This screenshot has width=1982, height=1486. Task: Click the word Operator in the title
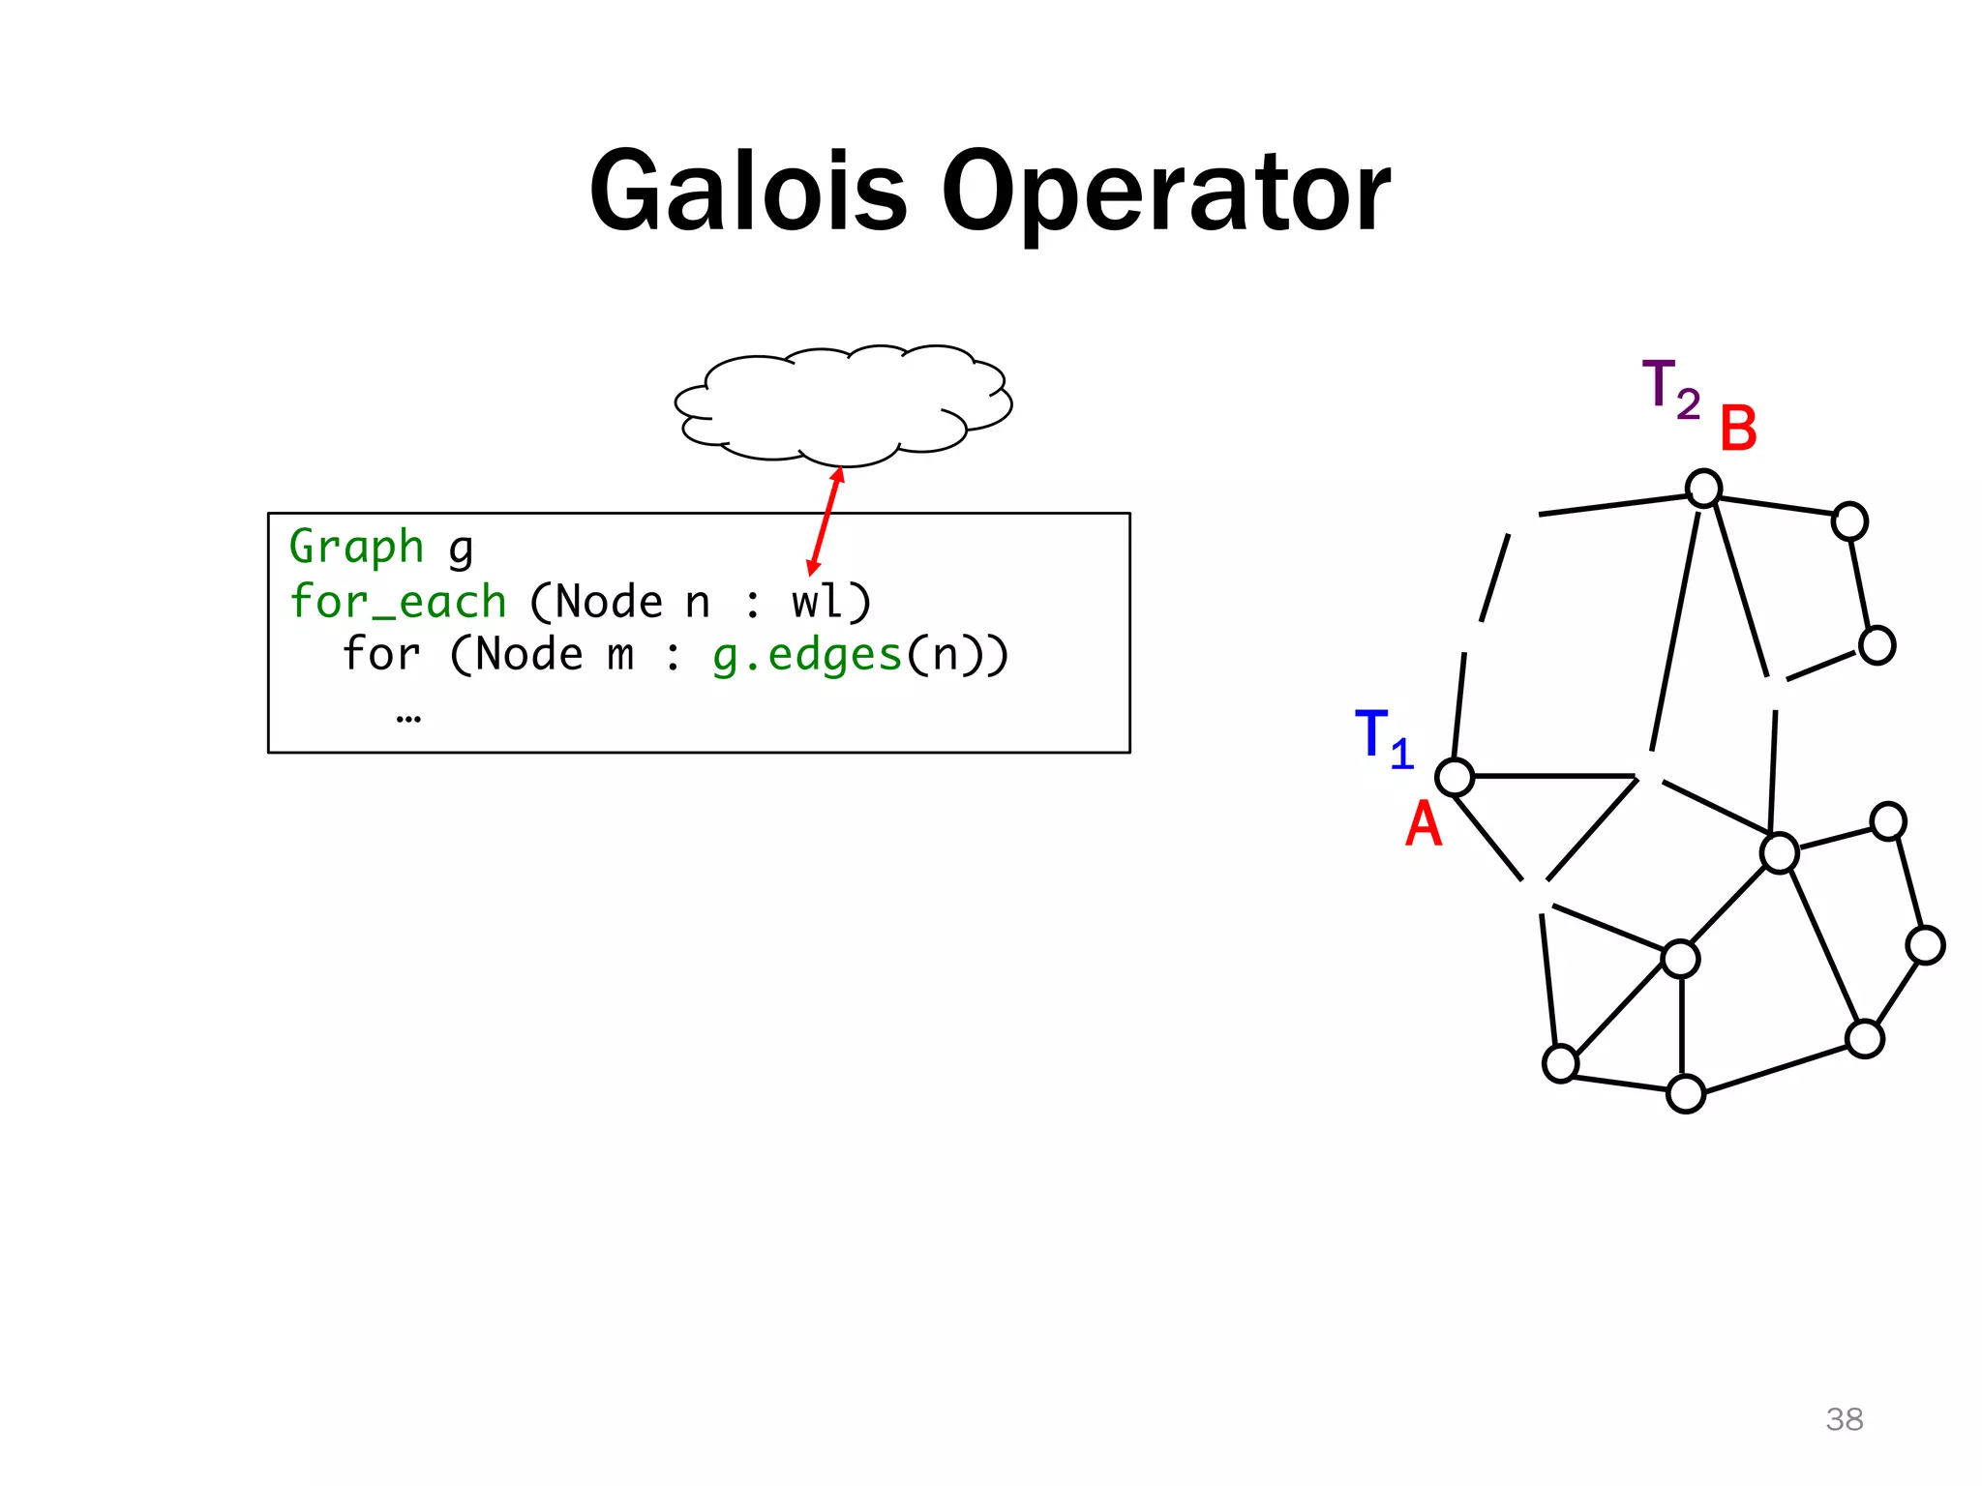(1166, 193)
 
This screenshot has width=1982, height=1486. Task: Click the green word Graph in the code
(356, 548)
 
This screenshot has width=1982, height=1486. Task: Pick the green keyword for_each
(398, 602)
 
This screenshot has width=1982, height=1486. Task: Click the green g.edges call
(807, 655)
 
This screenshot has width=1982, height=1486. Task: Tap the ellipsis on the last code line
(408, 718)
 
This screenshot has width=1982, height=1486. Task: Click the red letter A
(1424, 825)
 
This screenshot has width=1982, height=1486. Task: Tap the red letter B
(1738, 429)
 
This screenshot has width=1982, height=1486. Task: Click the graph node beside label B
(1703, 489)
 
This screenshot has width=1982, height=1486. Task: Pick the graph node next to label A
(1455, 777)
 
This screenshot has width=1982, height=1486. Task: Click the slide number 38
(1845, 1419)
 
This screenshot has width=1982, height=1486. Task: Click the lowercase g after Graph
(461, 550)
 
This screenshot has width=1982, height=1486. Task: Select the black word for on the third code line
(381, 655)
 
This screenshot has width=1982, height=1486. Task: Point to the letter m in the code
(620, 656)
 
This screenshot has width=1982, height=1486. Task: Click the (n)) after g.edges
(957, 655)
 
